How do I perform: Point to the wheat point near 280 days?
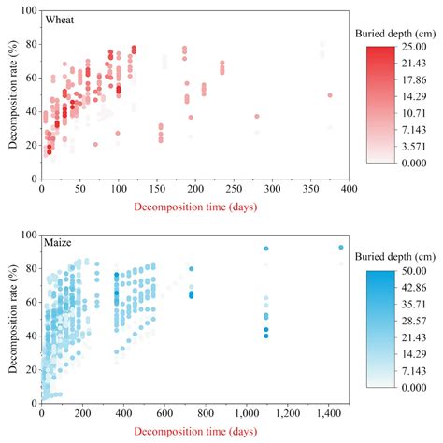click(x=257, y=117)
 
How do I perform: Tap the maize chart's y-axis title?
click(x=12, y=319)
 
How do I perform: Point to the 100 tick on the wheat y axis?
click(x=29, y=11)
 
